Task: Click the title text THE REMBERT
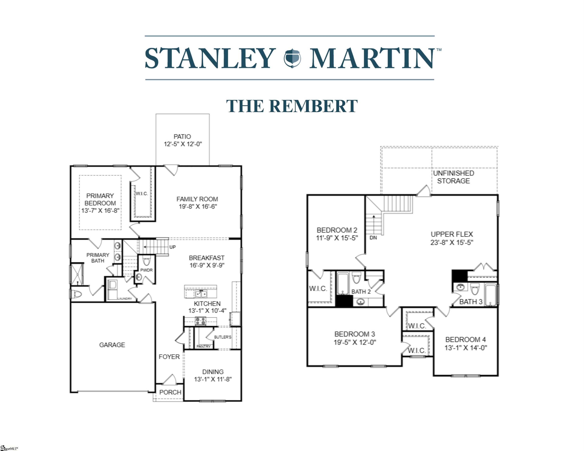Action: pyautogui.click(x=292, y=106)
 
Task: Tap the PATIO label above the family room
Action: pyautogui.click(x=182, y=136)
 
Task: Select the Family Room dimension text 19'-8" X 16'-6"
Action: pyautogui.click(x=198, y=207)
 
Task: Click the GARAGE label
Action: pyautogui.click(x=112, y=345)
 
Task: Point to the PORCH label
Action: pyautogui.click(x=170, y=392)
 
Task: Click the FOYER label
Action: pyautogui.click(x=169, y=357)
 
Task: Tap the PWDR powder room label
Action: pyautogui.click(x=146, y=270)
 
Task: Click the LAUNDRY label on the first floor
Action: pyautogui.click(x=125, y=299)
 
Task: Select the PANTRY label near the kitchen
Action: pyautogui.click(x=204, y=346)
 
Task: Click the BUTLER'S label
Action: pyautogui.click(x=223, y=337)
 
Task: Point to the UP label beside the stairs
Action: pyautogui.click(x=172, y=247)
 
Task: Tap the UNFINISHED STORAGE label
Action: pyautogui.click(x=454, y=177)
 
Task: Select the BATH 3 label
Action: pyautogui.click(x=471, y=302)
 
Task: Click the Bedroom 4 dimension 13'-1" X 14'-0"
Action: pyautogui.click(x=465, y=348)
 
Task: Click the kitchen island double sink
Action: pyautogui.click(x=201, y=294)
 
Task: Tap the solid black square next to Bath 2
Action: pyautogui.click(x=344, y=301)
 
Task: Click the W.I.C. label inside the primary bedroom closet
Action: pyautogui.click(x=142, y=194)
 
